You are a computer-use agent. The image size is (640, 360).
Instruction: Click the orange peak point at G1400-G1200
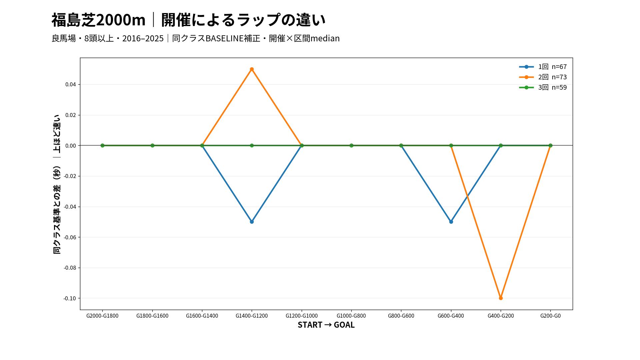pos(252,69)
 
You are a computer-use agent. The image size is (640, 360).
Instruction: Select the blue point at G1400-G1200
pos(252,222)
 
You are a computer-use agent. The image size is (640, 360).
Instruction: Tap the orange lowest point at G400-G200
pos(501,298)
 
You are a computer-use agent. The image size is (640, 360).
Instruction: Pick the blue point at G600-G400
pos(451,222)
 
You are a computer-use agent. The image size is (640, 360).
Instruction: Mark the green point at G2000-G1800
pos(102,146)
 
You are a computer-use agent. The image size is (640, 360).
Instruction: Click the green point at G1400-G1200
pos(252,146)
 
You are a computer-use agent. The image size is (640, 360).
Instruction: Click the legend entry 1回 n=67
pos(543,67)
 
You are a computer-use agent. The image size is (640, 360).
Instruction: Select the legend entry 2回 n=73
pos(543,77)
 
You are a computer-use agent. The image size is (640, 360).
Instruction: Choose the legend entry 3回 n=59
pos(543,87)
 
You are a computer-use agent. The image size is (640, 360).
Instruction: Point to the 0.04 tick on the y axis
pos(71,85)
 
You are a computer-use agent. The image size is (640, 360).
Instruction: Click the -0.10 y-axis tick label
pos(70,298)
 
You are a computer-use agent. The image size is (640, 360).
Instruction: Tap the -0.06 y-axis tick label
pos(70,237)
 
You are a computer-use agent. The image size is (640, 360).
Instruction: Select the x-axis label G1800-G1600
pos(152,316)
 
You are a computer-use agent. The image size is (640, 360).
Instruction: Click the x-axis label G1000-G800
pos(351,316)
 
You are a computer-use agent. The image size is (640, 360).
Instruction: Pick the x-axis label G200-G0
pos(550,316)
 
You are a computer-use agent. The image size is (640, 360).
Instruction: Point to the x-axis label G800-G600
pos(401,316)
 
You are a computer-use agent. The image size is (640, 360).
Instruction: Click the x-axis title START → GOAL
pos(326,325)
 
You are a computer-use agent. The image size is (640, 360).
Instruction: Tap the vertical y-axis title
pos(57,184)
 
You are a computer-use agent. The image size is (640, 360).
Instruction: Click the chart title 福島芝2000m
pos(99,20)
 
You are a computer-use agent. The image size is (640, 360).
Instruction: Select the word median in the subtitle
pos(325,38)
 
